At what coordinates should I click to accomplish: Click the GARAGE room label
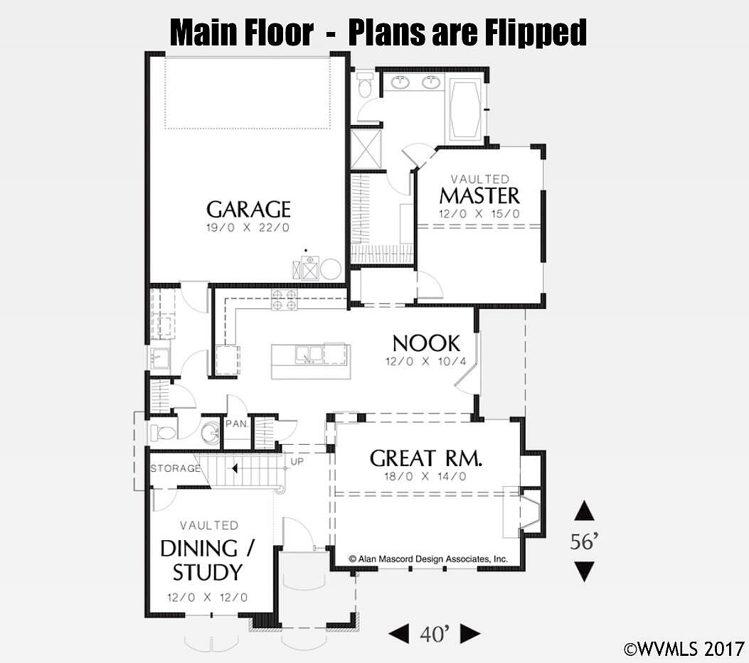pyautogui.click(x=248, y=210)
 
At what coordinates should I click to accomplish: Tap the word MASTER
pyautogui.click(x=479, y=195)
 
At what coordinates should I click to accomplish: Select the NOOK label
pyautogui.click(x=426, y=343)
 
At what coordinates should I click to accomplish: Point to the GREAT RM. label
pyautogui.click(x=425, y=458)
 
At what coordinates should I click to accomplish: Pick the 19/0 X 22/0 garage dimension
pyautogui.click(x=248, y=227)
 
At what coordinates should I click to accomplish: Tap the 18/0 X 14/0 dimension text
pyautogui.click(x=425, y=476)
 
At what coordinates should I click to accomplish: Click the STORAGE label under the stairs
pyautogui.click(x=175, y=468)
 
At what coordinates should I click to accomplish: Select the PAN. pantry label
pyautogui.click(x=237, y=424)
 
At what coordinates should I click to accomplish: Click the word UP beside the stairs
pyautogui.click(x=297, y=462)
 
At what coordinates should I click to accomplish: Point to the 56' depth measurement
pyautogui.click(x=584, y=541)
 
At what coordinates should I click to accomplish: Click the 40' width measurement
pyautogui.click(x=435, y=634)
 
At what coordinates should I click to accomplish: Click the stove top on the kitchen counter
pyautogui.click(x=285, y=300)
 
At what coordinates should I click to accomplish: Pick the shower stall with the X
pyautogui.click(x=366, y=149)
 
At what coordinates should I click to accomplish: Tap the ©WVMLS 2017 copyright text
pyautogui.click(x=684, y=649)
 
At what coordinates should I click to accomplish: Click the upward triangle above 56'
pyautogui.click(x=584, y=511)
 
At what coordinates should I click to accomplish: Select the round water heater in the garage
pyautogui.click(x=331, y=269)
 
